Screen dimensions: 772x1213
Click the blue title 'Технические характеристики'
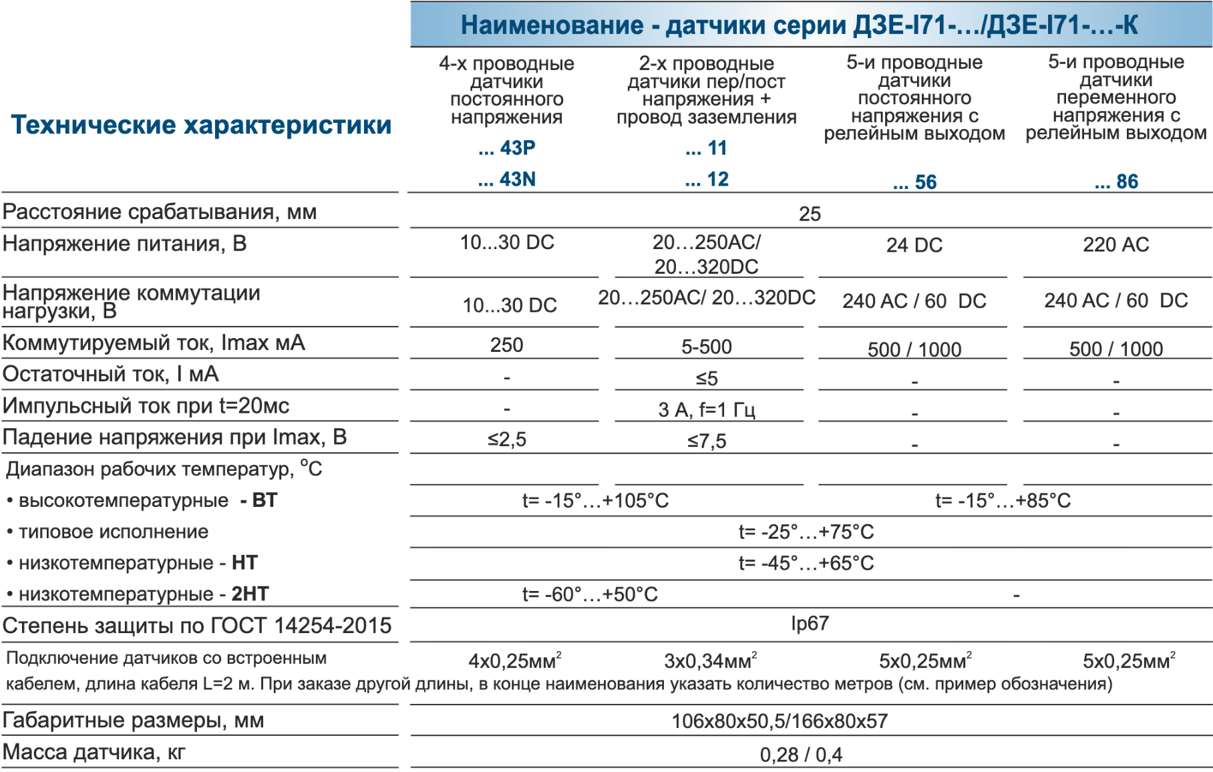[201, 125]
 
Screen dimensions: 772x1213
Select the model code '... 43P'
[507, 148]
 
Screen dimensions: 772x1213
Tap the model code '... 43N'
[507, 179]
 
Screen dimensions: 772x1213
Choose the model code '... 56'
[914, 182]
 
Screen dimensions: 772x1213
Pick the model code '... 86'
[1116, 181]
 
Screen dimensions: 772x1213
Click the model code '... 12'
[707, 179]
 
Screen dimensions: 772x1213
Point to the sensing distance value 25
[810, 214]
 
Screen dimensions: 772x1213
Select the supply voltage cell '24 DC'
[914, 245]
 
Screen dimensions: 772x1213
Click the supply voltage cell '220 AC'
[1116, 244]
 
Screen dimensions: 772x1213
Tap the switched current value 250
[507, 345]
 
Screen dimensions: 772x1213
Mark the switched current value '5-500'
[707, 347]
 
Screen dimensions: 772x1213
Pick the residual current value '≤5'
[707, 379]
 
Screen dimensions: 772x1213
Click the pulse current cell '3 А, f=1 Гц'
[707, 409]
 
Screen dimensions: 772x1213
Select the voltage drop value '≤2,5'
[507, 439]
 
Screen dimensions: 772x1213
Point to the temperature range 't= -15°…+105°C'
[595, 500]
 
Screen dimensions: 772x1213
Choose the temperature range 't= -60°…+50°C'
[590, 594]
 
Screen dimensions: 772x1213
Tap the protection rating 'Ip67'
[810, 623]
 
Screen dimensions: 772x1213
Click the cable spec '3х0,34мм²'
[710, 660]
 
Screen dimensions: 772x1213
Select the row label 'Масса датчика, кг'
[94, 752]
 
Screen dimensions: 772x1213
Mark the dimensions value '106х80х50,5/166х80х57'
[779, 721]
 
